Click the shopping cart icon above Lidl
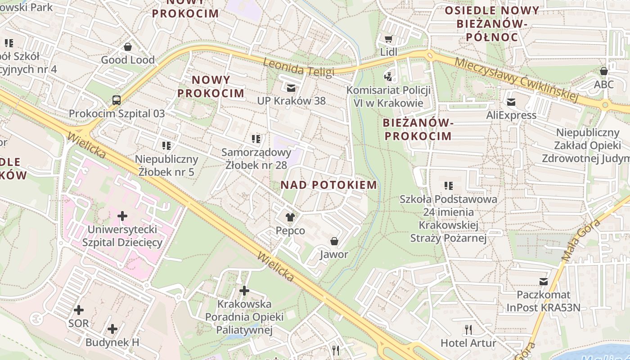[x=388, y=39]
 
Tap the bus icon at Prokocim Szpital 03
[x=117, y=100]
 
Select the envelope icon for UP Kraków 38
[x=291, y=88]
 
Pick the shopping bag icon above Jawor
[x=334, y=242]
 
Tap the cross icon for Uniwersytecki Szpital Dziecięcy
[x=122, y=216]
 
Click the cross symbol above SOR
[x=79, y=310]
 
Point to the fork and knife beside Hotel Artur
[x=468, y=330]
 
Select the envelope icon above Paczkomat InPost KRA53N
[x=544, y=282]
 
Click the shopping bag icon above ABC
[x=604, y=71]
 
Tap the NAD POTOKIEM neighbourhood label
[x=328, y=185]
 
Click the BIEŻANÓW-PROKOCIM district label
[x=417, y=129]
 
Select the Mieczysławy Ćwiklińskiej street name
[x=516, y=79]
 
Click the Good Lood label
[x=128, y=60]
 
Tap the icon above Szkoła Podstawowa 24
[x=448, y=185]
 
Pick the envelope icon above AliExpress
[x=511, y=102]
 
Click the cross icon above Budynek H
[x=112, y=329]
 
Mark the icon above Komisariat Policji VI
[x=388, y=77]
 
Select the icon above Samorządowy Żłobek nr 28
[x=256, y=139]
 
